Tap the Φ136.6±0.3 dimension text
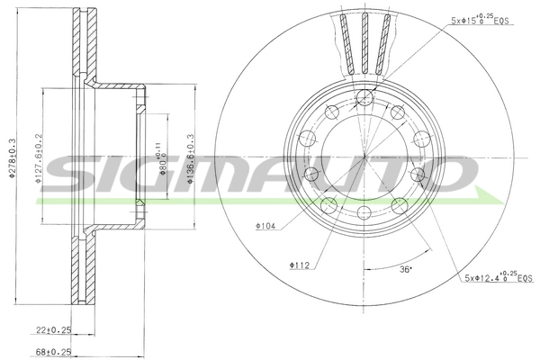point(189,158)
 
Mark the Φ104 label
point(264,227)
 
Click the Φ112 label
point(299,265)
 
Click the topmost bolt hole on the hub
point(364,98)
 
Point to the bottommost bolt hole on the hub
point(364,212)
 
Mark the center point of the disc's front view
point(364,156)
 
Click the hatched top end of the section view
point(84,36)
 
